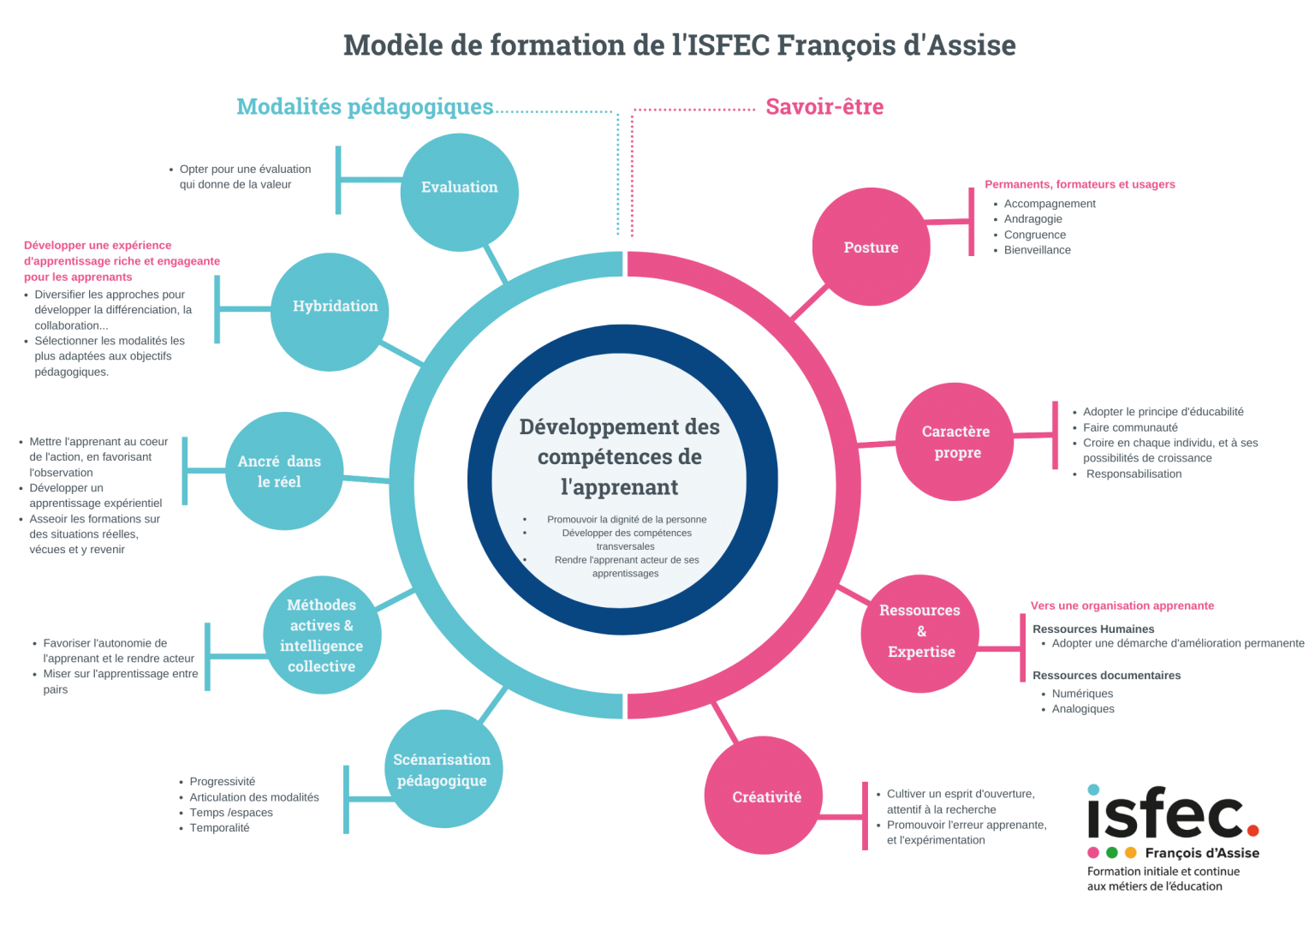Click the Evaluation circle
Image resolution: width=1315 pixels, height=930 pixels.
(x=459, y=191)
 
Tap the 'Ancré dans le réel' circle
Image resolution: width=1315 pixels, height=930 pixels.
(x=283, y=472)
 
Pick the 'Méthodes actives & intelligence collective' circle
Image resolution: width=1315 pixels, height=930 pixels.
(x=322, y=635)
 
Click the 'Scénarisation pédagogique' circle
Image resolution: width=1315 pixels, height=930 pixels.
(x=443, y=769)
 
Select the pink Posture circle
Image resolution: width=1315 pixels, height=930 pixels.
(x=871, y=247)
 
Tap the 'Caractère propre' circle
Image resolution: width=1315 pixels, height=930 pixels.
(x=955, y=442)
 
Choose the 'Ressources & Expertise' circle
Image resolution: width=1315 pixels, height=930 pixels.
(x=919, y=632)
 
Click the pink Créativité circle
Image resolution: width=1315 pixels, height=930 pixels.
(x=765, y=796)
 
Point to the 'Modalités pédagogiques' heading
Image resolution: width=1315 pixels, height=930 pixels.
(x=365, y=107)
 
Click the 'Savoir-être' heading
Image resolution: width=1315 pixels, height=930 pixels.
(x=824, y=107)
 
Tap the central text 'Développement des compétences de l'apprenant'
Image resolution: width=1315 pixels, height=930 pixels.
(x=620, y=456)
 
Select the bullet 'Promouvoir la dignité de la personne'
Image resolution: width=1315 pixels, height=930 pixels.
(x=627, y=519)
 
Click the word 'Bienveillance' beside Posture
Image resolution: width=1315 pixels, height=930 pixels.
(x=1038, y=250)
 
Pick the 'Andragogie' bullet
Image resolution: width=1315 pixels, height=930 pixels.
(x=1032, y=219)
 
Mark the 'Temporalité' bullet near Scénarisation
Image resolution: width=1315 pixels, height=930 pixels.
(x=219, y=828)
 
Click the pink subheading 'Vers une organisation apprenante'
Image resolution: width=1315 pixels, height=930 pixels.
(x=1122, y=605)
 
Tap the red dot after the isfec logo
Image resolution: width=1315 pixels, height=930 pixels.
(x=1253, y=830)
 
